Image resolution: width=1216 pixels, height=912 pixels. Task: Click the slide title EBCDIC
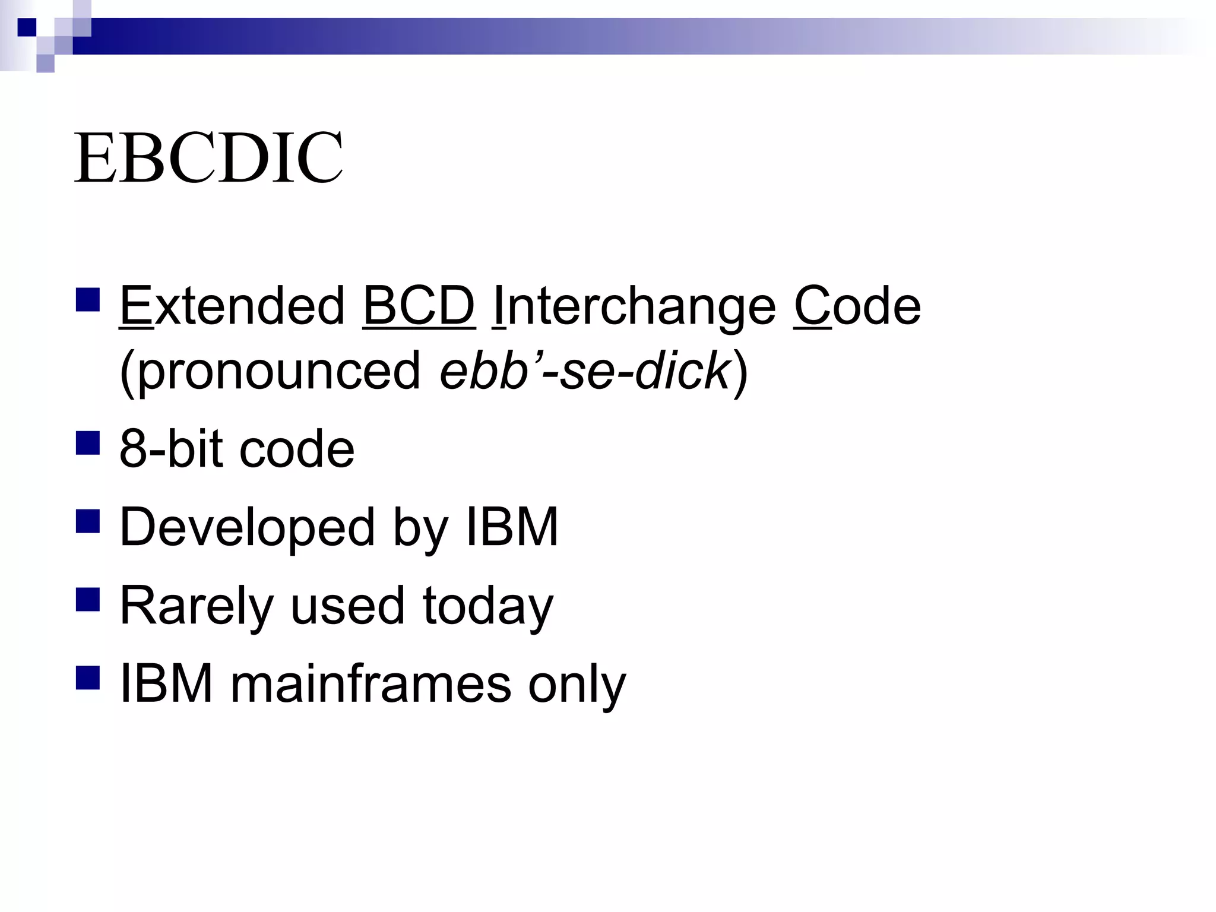click(208, 158)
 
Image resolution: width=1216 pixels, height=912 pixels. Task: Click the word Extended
click(232, 306)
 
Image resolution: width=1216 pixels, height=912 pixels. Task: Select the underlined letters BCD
click(419, 306)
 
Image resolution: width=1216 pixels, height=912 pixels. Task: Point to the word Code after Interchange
click(857, 306)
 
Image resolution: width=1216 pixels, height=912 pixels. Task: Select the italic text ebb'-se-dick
click(585, 371)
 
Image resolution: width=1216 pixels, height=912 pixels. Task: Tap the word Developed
click(247, 528)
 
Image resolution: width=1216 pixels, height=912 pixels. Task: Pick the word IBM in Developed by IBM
click(512, 527)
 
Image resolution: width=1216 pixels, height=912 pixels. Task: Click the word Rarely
click(197, 606)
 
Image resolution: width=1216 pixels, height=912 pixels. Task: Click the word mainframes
click(370, 685)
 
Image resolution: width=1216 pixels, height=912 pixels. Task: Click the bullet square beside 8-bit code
click(88, 442)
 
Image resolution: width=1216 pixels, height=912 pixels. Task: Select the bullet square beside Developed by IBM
click(88, 521)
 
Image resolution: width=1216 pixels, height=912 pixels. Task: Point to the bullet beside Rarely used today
click(88, 599)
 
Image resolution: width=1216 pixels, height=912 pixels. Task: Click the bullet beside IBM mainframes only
click(88, 677)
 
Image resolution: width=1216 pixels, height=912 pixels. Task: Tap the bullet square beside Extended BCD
click(88, 300)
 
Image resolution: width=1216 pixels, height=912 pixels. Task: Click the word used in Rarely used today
click(347, 606)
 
